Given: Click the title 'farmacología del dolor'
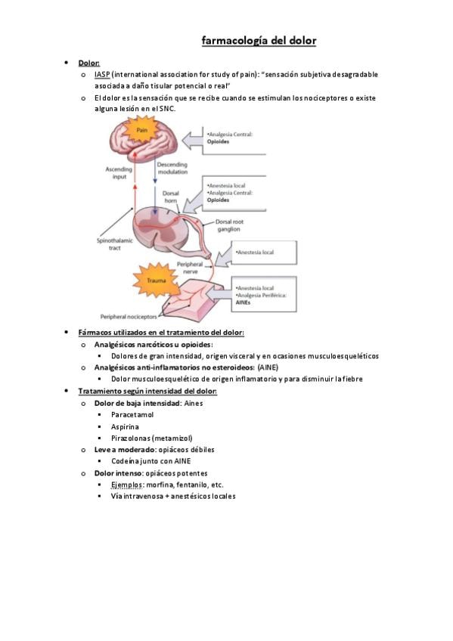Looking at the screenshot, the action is pos(259,41).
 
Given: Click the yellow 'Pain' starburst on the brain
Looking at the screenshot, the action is pos(141,130).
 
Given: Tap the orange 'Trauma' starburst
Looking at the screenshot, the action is pos(156,280).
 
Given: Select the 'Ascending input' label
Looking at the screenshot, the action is pos(119,173).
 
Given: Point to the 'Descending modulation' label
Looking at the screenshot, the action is pos(172,169).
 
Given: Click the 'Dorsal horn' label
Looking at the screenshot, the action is pos(170,197).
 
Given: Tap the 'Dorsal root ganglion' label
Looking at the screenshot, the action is pos(229,225).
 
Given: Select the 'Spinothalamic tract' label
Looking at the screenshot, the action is pos(114,244).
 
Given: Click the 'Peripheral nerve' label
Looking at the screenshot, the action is pos(190,268).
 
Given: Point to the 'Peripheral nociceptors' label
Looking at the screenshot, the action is pos(129,317).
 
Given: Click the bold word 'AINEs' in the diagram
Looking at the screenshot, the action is pos(243,302).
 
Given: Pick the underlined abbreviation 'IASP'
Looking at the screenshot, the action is pos(102,74).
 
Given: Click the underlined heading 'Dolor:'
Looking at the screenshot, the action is pos(89,63).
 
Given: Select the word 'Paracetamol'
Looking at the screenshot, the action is pos(132,414).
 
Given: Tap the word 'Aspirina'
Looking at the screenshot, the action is pos(125,426).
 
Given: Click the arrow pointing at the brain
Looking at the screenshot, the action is pos(192,141).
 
